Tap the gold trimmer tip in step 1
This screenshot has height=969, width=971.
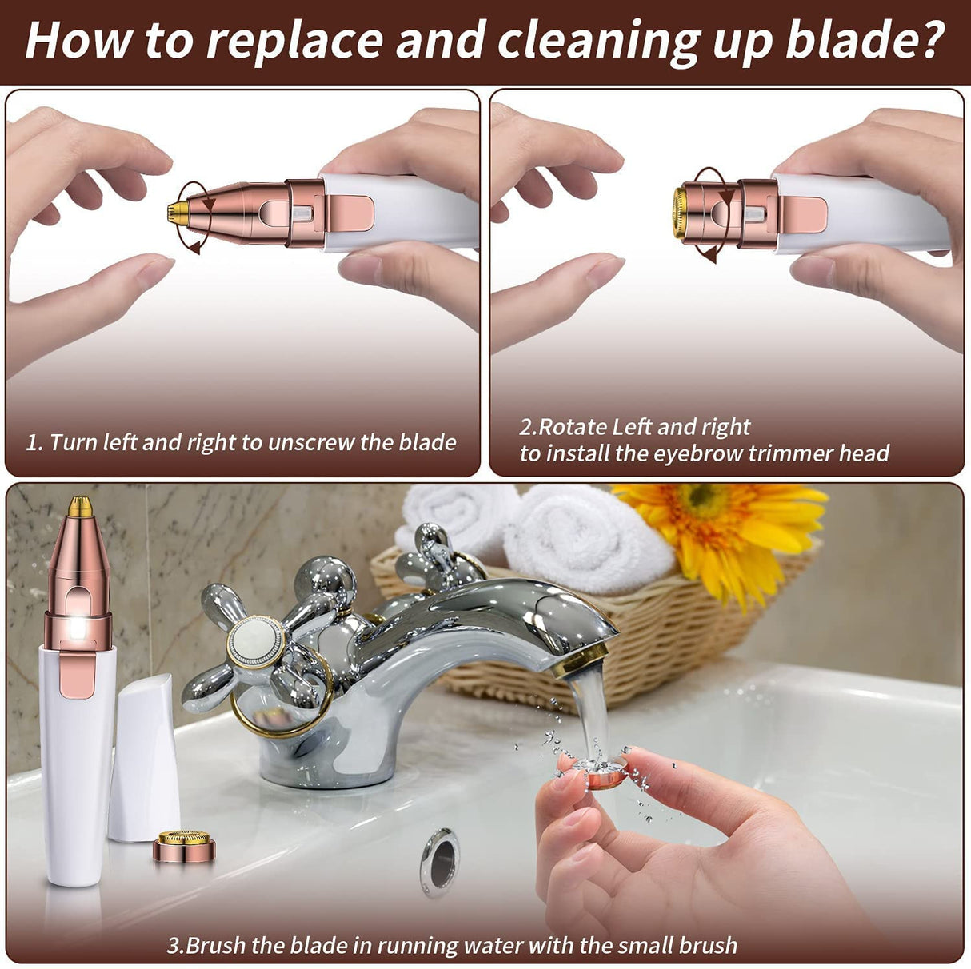[177, 211]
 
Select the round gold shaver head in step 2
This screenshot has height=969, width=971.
[680, 213]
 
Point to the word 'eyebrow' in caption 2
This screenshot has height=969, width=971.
[693, 453]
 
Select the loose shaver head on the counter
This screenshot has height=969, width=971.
[184, 847]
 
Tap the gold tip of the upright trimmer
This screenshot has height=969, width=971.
[79, 505]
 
